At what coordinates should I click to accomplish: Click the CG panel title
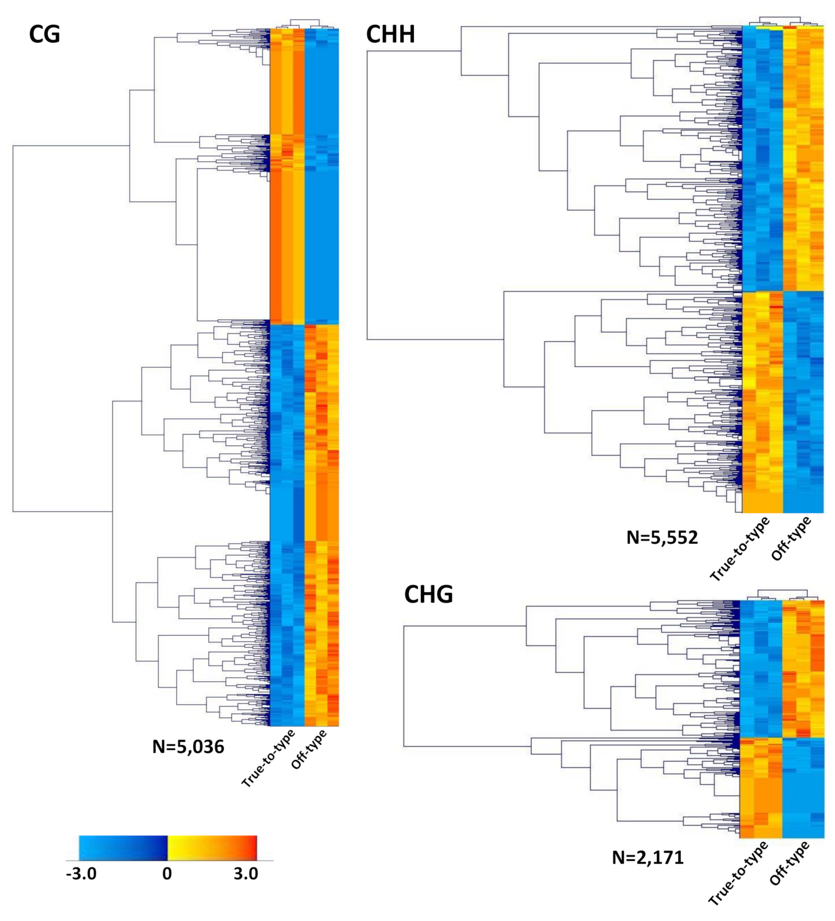(44, 34)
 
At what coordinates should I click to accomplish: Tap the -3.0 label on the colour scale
(81, 874)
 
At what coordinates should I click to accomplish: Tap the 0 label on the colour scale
(167, 874)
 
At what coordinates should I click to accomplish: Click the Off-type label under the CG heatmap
(309, 749)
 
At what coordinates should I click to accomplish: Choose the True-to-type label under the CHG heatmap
(738, 873)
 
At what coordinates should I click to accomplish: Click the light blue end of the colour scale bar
(85, 848)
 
